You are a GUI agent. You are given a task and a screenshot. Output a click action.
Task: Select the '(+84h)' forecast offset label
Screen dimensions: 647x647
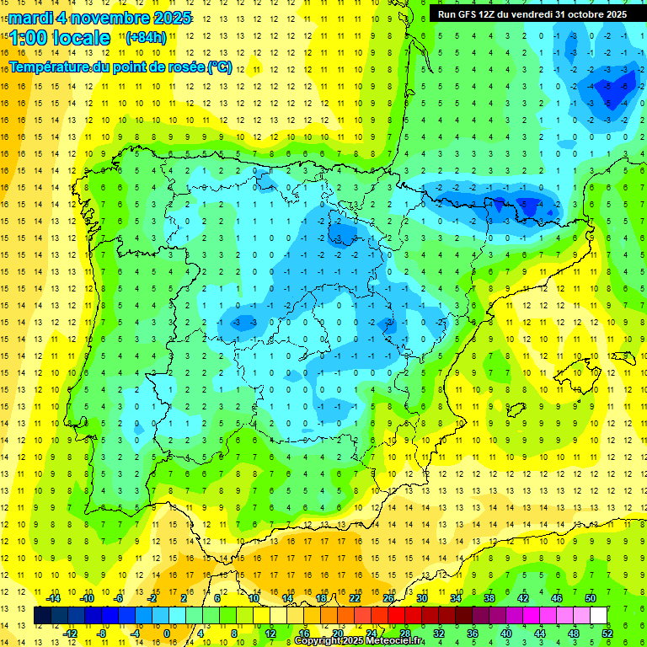tap(146, 37)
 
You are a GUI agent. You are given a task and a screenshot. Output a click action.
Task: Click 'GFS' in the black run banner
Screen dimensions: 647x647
tap(472, 13)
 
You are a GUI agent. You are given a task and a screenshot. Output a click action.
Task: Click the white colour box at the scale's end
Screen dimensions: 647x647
tap(598, 616)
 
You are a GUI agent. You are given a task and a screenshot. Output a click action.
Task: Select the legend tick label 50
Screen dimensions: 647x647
tap(590, 598)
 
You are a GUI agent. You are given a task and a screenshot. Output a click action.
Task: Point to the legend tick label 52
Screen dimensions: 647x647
tap(607, 633)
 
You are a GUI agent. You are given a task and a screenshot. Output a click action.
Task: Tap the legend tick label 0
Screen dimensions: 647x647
tap(166, 633)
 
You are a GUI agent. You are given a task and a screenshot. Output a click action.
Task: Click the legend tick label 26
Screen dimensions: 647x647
tap(388, 598)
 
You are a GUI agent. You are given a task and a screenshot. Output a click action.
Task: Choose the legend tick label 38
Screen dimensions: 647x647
tap(489, 598)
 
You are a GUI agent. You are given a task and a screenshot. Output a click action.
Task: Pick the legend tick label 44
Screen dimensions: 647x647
tap(539, 633)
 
